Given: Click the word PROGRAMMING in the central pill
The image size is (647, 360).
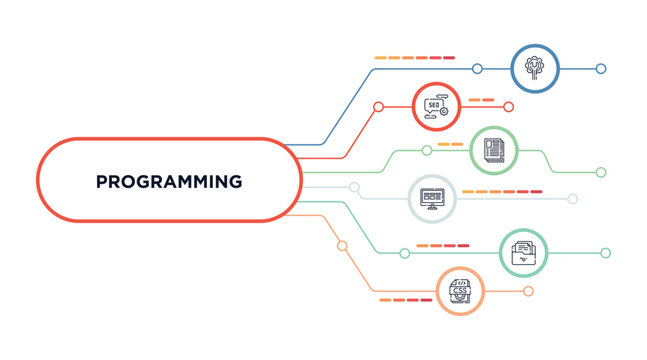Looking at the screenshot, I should (169, 182).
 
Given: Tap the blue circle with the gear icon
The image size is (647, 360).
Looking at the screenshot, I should (533, 68).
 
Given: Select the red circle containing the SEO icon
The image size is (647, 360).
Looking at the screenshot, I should (436, 106).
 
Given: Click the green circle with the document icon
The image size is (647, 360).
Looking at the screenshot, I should (493, 150).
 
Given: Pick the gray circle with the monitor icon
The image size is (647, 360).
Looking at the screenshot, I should (432, 198).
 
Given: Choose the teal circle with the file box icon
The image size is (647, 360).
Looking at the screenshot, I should (523, 253).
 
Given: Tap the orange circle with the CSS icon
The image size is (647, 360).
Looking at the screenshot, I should (461, 291).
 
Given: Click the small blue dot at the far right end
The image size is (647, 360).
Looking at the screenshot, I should (601, 69).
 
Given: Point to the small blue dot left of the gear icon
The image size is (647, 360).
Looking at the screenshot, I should (477, 69).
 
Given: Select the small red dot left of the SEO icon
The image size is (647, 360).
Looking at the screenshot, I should (378, 106).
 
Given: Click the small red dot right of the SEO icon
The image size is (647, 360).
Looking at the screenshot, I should (508, 106).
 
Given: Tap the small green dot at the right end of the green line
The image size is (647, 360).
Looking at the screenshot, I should (601, 172).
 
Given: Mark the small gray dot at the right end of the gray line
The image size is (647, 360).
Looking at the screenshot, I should (573, 199).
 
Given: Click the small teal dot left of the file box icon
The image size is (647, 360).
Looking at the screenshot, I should (404, 253).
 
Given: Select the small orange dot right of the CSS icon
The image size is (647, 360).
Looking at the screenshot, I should (528, 291).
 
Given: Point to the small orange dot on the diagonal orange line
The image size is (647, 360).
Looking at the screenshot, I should (342, 245).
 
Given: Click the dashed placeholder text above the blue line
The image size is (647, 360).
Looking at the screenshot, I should (414, 58).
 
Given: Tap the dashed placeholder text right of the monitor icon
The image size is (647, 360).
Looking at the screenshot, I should (502, 190).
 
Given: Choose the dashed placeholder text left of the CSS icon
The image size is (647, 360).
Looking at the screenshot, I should (405, 299).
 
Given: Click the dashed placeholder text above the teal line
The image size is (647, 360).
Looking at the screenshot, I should (442, 245).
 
